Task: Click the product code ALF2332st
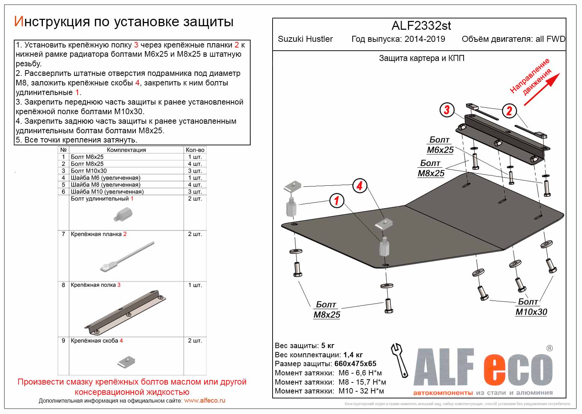[x=421, y=26]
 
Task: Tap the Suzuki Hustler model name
[x=305, y=39]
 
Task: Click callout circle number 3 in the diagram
[x=447, y=110]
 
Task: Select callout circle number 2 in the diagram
[x=509, y=111]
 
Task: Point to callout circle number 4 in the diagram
[x=359, y=185]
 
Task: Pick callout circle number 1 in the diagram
[x=336, y=201]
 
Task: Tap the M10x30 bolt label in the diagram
[x=531, y=312]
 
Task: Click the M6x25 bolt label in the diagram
[x=440, y=150]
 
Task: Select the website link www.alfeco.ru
[x=205, y=401]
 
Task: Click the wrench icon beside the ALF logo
[x=399, y=360]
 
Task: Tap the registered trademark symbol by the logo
[x=549, y=348]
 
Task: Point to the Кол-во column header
[x=195, y=150]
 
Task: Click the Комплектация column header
[x=126, y=150]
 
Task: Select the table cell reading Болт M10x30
[x=89, y=171]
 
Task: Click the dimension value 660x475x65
[x=355, y=364]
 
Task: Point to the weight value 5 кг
[x=328, y=346]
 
